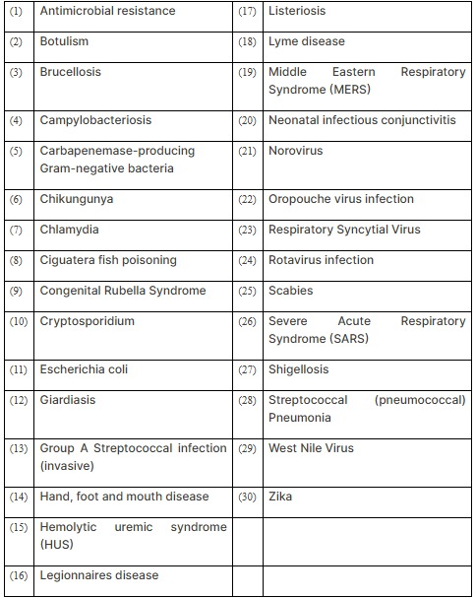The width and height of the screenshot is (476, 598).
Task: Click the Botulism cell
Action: pyautogui.click(x=64, y=41)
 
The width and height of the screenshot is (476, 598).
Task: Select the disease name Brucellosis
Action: pyautogui.click(x=70, y=72)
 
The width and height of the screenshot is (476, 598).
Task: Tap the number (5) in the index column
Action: pyautogui.click(x=16, y=152)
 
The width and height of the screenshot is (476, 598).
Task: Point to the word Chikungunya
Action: pyautogui.click(x=77, y=199)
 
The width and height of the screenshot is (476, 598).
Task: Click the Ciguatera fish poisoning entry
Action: pyautogui.click(x=108, y=260)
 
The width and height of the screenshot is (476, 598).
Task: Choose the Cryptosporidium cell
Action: pyautogui.click(x=87, y=321)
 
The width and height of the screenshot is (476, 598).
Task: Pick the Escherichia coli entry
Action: pyautogui.click(x=84, y=369)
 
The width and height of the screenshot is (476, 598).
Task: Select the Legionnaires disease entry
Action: pyautogui.click(x=98, y=575)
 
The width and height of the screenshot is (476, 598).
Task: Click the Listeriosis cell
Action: pyautogui.click(x=297, y=11)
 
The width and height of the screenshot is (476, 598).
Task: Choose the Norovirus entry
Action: pyautogui.click(x=295, y=151)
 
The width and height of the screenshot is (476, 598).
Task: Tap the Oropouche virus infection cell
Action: pyautogui.click(x=341, y=199)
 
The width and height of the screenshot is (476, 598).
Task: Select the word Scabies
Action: pyautogui.click(x=291, y=291)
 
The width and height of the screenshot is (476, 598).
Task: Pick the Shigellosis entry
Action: pyautogui.click(x=299, y=369)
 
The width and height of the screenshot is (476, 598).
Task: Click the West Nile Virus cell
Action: pyautogui.click(x=311, y=448)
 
